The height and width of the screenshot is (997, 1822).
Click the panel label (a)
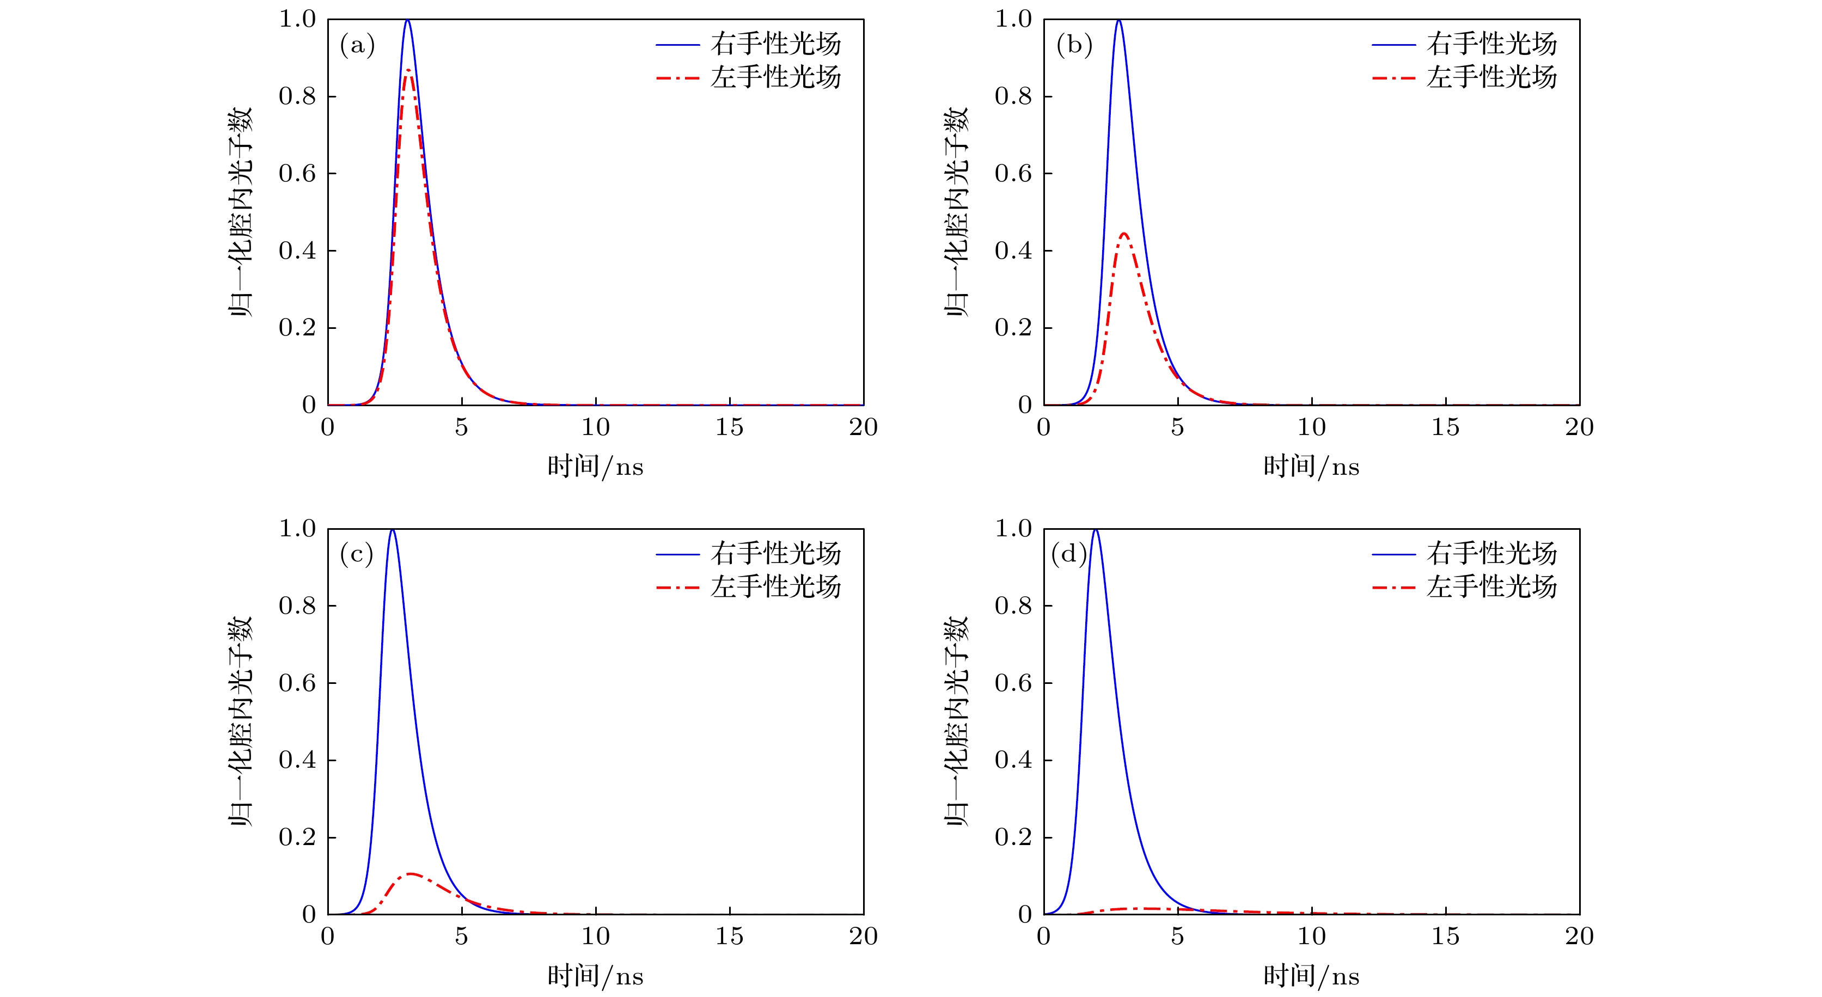click(357, 46)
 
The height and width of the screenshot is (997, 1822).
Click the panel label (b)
click(1074, 46)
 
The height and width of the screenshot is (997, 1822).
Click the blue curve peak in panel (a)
click(407, 21)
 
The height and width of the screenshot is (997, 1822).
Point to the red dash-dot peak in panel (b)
click(1124, 234)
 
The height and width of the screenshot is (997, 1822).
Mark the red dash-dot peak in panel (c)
click(410, 874)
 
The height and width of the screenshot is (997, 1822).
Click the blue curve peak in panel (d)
click(1096, 530)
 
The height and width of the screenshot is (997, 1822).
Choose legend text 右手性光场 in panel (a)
click(776, 44)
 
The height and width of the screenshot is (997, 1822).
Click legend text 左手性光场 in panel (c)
click(776, 586)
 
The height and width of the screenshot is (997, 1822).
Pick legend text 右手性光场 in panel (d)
click(1491, 553)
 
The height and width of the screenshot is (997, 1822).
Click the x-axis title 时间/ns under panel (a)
click(595, 467)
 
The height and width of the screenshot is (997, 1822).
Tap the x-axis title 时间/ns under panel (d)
click(1311, 976)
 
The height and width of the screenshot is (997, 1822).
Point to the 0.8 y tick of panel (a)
click(297, 96)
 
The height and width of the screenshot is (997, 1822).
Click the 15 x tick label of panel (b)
click(1445, 427)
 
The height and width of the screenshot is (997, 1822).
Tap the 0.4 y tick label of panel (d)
click(1013, 760)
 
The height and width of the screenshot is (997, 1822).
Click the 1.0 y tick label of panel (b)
click(1013, 19)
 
